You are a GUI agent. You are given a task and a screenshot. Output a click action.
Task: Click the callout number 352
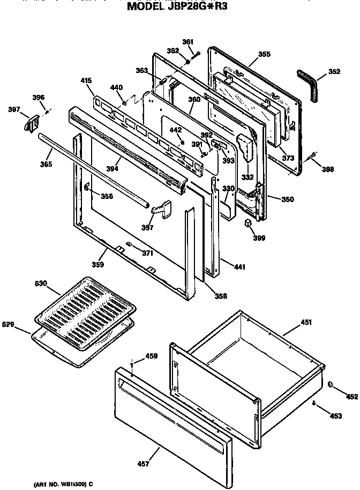pos(334,71)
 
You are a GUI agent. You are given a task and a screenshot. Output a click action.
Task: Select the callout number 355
pos(264,54)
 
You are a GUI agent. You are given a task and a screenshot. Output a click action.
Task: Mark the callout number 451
pos(306,322)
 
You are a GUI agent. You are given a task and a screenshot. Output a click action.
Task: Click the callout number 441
pos(238,266)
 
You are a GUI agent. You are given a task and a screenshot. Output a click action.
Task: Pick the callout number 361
pos(187,42)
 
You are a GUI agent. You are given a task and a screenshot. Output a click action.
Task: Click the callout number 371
pos(147,253)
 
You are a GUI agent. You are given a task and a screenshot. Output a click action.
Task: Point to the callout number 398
pos(328,169)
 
